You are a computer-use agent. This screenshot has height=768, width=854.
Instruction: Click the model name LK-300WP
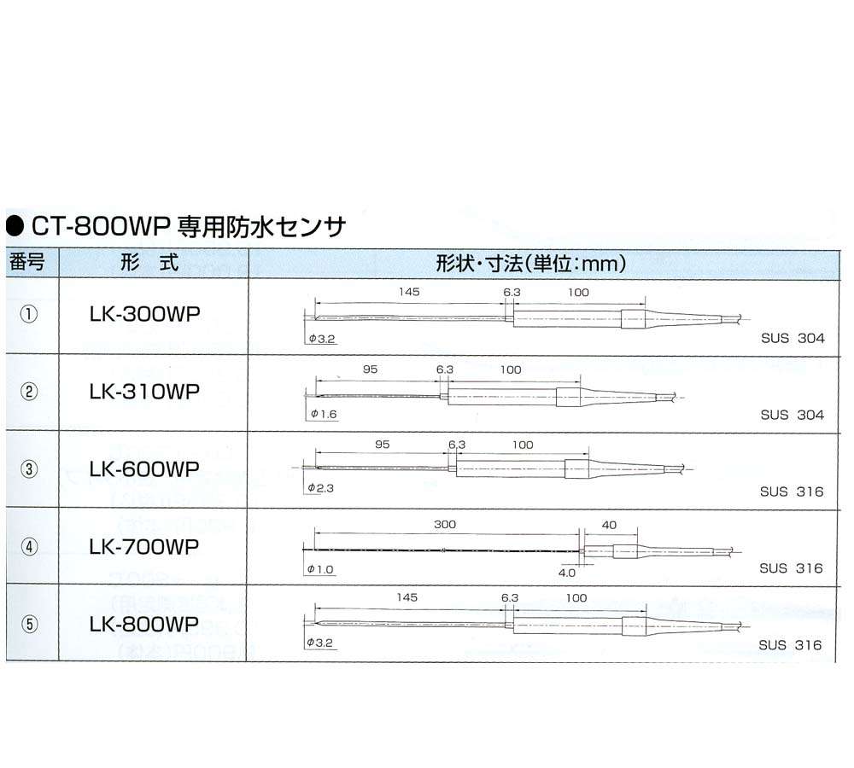click(145, 314)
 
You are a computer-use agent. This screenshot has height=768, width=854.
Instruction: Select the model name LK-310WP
click(145, 392)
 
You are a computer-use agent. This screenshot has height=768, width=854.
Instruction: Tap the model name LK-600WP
click(145, 468)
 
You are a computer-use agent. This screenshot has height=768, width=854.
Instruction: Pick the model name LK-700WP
click(144, 546)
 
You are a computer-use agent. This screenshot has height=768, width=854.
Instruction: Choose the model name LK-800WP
click(143, 624)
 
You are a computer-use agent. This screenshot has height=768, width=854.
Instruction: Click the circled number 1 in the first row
click(29, 314)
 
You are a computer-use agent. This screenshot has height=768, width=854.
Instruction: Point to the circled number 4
click(29, 546)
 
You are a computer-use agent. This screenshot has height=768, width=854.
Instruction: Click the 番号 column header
click(26, 262)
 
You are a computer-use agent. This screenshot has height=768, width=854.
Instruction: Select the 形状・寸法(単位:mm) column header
click(531, 264)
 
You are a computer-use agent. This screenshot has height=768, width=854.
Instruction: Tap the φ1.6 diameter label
click(324, 414)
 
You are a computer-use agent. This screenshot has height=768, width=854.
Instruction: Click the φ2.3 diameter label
click(320, 488)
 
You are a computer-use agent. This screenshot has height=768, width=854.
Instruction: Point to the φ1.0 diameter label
click(320, 569)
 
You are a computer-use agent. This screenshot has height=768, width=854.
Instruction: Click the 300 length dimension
click(445, 524)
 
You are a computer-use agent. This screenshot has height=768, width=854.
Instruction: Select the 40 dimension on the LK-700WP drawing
click(609, 525)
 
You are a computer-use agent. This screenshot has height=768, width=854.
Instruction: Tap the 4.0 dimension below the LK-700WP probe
click(566, 573)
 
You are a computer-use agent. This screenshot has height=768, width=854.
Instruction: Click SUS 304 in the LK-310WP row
click(793, 415)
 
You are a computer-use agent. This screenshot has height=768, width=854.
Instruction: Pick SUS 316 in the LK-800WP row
click(790, 645)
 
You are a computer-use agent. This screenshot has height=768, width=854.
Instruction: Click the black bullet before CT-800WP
click(15, 226)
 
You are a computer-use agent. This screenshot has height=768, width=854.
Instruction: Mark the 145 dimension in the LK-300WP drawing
click(409, 292)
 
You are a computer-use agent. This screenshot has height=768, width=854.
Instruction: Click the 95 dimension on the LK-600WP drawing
click(383, 445)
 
